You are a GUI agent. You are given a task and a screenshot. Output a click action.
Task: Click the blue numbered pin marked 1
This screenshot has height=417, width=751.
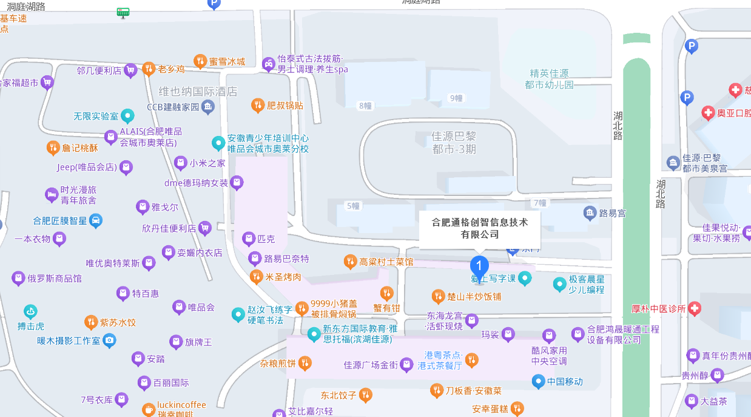(479, 266)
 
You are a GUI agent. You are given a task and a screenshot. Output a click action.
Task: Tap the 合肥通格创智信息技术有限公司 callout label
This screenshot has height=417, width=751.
(479, 228)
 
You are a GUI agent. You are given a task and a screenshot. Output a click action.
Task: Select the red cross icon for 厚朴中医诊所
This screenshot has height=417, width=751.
(695, 308)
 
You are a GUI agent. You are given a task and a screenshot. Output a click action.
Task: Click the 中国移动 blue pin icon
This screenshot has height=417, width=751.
(538, 381)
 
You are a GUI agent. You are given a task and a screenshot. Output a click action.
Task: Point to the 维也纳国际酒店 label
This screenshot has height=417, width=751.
(198, 92)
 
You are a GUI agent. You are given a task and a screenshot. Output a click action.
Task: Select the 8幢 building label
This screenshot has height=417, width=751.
(365, 106)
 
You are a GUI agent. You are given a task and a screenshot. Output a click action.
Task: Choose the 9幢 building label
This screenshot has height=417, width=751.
(456, 98)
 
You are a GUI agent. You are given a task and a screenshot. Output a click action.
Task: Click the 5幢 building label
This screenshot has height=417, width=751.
(352, 206)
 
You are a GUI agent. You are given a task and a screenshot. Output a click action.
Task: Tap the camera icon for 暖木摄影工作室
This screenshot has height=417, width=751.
(109, 340)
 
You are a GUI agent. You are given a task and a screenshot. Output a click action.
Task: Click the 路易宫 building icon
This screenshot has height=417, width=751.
(590, 213)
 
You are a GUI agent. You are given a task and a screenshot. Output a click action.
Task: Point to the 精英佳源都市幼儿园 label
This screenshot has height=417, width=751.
(549, 79)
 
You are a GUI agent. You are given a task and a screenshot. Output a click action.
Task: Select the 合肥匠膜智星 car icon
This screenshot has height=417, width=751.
(96, 220)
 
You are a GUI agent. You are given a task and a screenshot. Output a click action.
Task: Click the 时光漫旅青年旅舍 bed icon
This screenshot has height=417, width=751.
(52, 194)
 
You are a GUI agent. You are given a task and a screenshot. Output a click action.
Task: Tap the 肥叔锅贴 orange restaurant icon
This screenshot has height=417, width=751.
(258, 105)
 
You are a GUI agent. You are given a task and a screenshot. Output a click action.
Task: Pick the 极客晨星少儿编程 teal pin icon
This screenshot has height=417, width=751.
(559, 283)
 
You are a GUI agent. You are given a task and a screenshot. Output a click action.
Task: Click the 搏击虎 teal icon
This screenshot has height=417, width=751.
(30, 312)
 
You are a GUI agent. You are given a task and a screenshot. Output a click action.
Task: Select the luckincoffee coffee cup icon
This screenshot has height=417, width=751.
(148, 410)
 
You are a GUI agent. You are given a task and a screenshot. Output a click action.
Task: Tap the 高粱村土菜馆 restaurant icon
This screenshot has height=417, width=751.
(350, 262)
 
